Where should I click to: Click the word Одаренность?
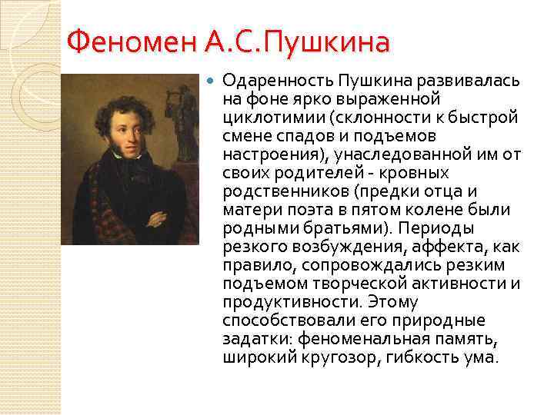(269, 81)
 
